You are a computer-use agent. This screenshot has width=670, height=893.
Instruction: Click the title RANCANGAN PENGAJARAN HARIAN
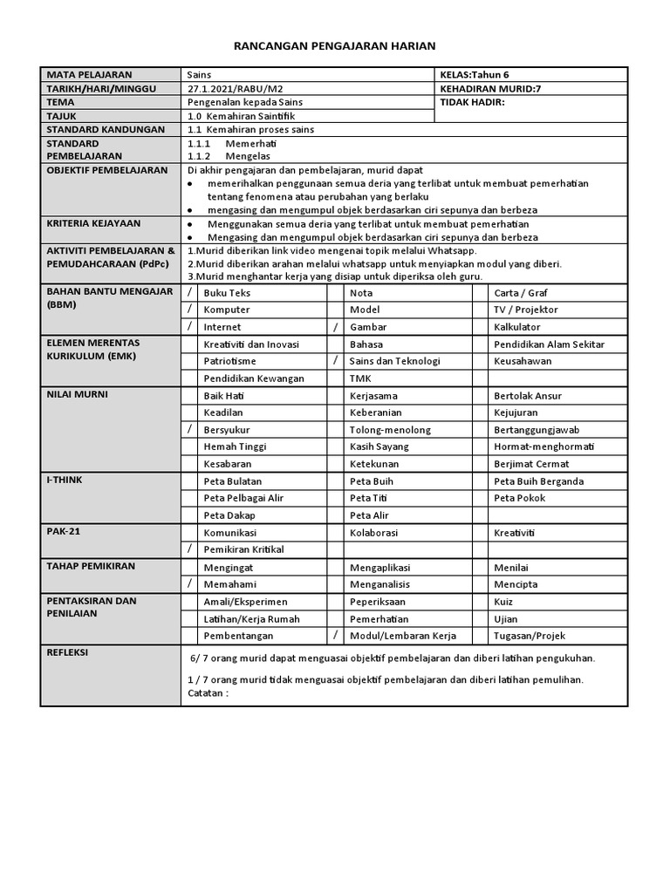pos(335,45)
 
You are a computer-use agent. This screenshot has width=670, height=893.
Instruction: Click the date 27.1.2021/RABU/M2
pos(229,89)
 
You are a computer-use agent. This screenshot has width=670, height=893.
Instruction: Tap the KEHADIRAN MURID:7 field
pos(491,89)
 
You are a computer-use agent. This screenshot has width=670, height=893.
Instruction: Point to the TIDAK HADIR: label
pos(473,103)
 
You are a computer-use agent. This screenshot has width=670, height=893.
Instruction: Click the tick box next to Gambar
pos(335,327)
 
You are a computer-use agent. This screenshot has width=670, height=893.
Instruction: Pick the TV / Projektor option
pos(525,310)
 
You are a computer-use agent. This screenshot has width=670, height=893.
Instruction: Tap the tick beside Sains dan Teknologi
pos(335,361)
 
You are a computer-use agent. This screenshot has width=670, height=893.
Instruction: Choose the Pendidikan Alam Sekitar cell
pos(549,344)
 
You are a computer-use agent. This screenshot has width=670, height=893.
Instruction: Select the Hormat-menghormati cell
pos(544,446)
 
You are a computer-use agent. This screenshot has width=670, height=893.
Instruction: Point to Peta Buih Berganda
pos(538,481)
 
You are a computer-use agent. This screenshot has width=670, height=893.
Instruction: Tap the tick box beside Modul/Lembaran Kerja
pos(335,636)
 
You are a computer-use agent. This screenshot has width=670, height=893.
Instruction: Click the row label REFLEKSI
pos(67,653)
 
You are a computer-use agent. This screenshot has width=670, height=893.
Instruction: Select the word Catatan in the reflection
pos(206,693)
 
